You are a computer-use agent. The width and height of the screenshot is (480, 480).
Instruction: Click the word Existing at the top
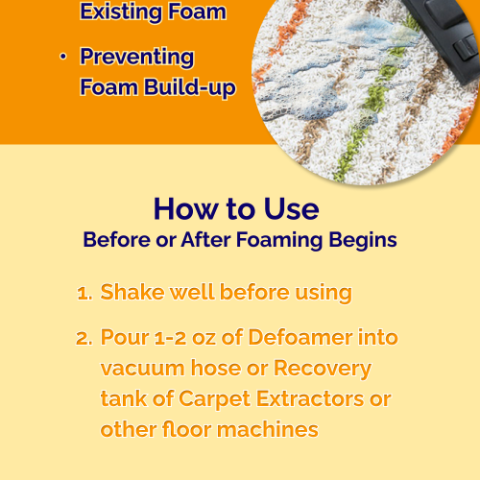tap(121, 12)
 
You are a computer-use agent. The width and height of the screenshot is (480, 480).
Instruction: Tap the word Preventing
tap(137, 58)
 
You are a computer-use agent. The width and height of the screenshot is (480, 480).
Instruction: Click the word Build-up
tap(190, 87)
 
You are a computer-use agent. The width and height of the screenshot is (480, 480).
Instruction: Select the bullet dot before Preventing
tap(63, 57)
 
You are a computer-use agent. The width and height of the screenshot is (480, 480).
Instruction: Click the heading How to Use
tap(236, 209)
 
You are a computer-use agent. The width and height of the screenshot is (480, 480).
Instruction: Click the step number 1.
tap(84, 293)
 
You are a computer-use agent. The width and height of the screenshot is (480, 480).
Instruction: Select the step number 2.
tap(84, 338)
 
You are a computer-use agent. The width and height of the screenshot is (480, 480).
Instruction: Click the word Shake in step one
tap(132, 292)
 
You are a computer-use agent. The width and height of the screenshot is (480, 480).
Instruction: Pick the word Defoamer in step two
tap(300, 337)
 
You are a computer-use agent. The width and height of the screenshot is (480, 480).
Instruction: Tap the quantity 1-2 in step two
tap(170, 338)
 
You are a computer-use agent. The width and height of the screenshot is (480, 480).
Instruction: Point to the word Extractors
tap(310, 399)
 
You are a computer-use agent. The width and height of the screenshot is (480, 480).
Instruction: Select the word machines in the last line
tap(268, 429)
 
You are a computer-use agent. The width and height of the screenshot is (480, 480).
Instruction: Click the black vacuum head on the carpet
tap(449, 36)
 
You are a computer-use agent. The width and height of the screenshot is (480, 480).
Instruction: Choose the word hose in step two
tap(216, 368)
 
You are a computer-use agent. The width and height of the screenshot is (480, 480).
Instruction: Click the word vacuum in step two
tap(143, 369)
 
